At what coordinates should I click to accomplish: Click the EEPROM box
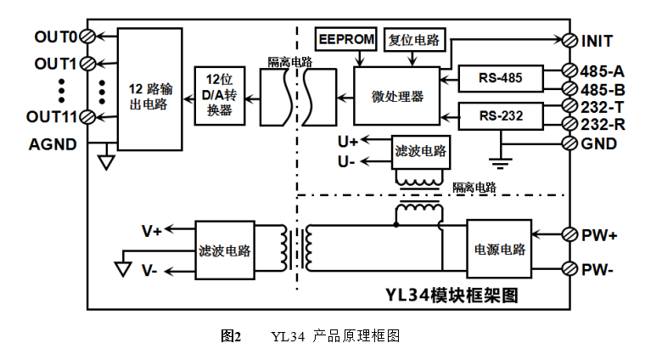[345, 39]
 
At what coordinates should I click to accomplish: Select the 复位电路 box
[413, 39]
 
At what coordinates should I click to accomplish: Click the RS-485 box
[499, 79]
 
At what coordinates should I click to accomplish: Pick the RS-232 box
[499, 115]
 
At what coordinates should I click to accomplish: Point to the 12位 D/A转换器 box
[219, 96]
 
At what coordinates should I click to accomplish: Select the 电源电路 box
[498, 250]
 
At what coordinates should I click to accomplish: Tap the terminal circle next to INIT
[571, 40]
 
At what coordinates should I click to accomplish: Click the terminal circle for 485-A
[571, 70]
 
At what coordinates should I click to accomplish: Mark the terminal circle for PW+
[571, 233]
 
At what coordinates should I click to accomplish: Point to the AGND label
[53, 143]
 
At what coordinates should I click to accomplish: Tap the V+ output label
[153, 230]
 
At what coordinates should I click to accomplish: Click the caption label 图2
[230, 336]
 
